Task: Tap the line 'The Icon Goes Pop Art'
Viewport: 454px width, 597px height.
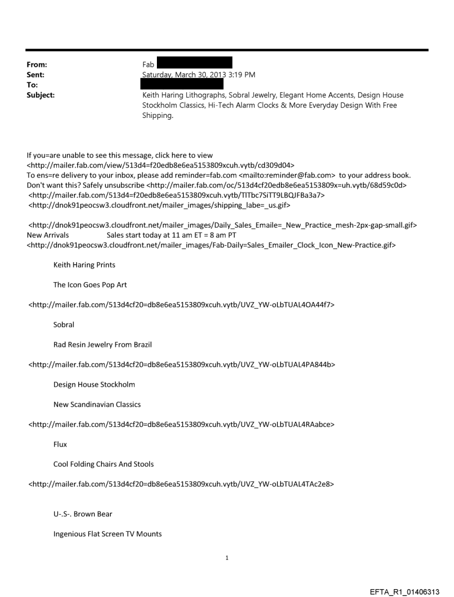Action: tap(90, 285)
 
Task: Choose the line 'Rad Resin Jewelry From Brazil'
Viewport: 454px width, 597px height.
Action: tap(102, 344)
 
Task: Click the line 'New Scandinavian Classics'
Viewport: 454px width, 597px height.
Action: tap(97, 404)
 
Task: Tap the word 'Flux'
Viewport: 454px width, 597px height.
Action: tap(60, 445)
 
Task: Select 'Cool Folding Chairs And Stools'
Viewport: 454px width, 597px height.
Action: tap(103, 464)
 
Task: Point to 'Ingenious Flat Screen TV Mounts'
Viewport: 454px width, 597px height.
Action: tap(107, 534)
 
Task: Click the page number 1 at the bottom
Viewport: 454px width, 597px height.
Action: tap(227, 557)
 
